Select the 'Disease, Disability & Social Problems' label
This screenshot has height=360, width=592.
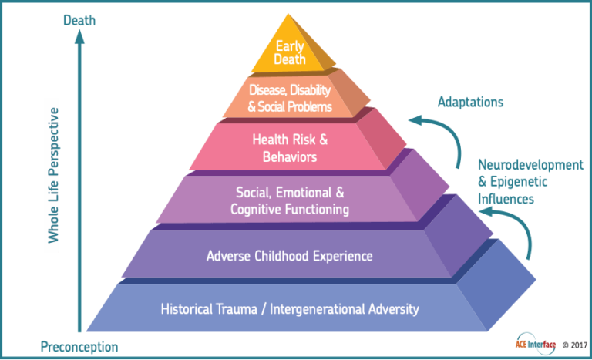[291, 98]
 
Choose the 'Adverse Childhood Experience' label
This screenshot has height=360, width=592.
[290, 255]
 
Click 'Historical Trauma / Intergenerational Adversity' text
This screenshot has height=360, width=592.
[290, 309]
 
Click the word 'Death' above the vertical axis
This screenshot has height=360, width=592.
[80, 21]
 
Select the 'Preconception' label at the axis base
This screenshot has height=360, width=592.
[80, 348]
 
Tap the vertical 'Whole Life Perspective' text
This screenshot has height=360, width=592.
[53, 175]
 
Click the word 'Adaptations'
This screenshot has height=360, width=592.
[470, 102]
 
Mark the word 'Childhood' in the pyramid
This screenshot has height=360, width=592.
[282, 255]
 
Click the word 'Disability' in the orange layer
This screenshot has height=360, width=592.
[309, 90]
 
